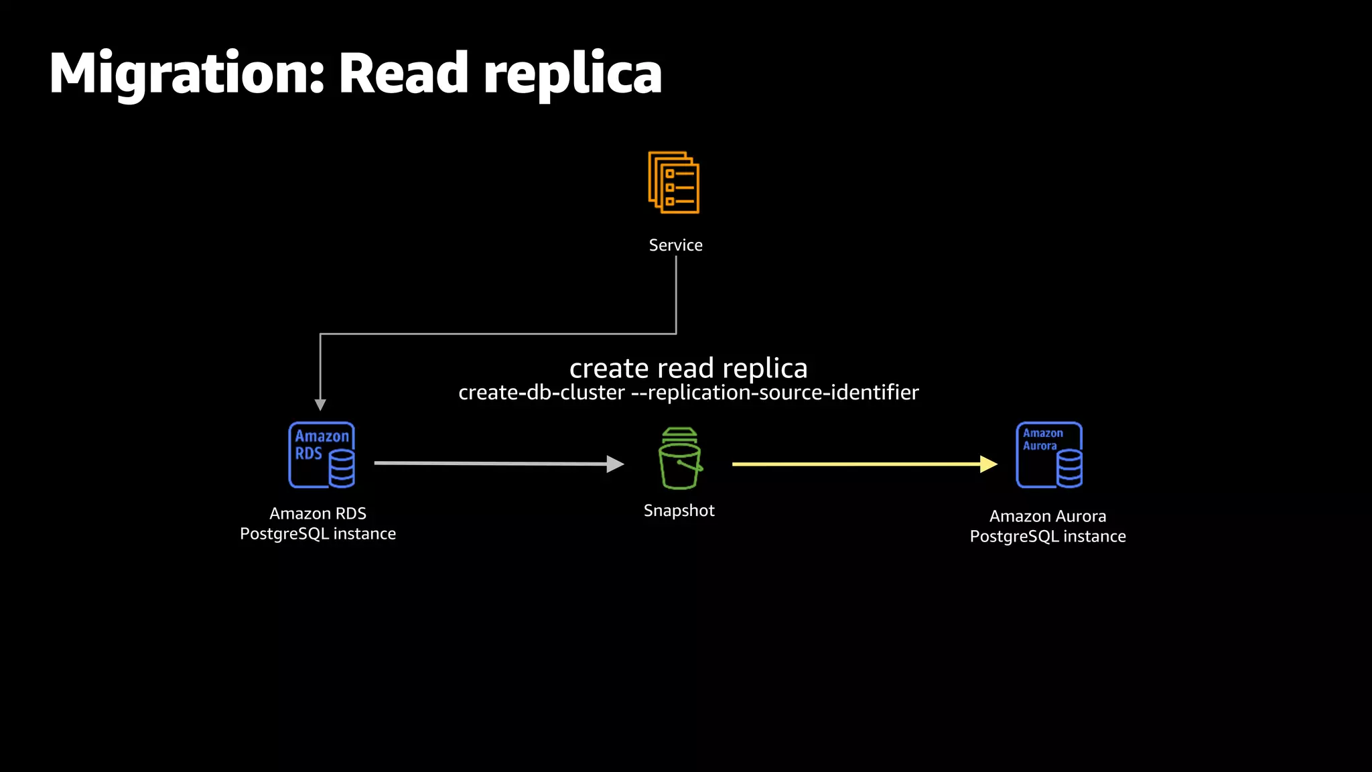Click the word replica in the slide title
click(x=572, y=74)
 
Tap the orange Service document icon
click(x=674, y=182)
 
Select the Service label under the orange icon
click(x=675, y=245)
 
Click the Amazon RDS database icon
click(x=322, y=455)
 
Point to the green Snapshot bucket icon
click(x=679, y=460)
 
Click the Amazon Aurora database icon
click(x=1048, y=455)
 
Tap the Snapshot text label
click(x=679, y=511)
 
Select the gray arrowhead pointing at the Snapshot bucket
click(x=614, y=464)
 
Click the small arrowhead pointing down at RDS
click(x=320, y=405)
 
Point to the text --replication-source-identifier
click(x=775, y=393)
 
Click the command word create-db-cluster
click(x=541, y=393)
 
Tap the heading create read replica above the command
click(x=688, y=368)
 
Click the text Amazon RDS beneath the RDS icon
click(x=318, y=513)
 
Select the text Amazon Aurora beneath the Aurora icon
click(x=1048, y=516)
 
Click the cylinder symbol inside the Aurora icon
click(x=1069, y=468)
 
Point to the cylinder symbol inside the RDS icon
click(x=341, y=468)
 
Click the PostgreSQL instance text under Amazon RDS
click(x=318, y=534)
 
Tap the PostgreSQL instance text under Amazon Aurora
click(x=1048, y=537)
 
